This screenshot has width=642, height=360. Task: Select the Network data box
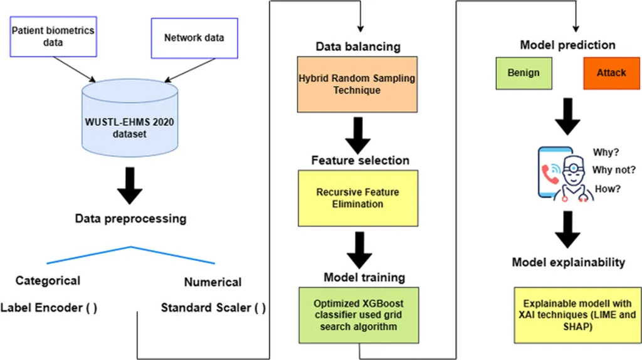pos(194,37)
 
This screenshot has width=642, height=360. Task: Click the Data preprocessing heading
pos(130,219)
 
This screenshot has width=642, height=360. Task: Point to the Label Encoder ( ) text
pos(49,308)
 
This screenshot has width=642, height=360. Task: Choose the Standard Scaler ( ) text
pos(213,308)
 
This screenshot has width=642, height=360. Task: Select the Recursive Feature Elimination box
pos(357,198)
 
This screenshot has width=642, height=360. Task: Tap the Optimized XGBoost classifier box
pos(357,314)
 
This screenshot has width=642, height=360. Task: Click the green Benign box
pos(523,73)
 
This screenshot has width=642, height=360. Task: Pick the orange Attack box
pos(611,73)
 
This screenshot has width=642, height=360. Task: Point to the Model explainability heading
pos(568,262)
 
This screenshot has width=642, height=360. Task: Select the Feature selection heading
pos(360,161)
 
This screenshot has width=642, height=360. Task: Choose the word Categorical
pos(48,280)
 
